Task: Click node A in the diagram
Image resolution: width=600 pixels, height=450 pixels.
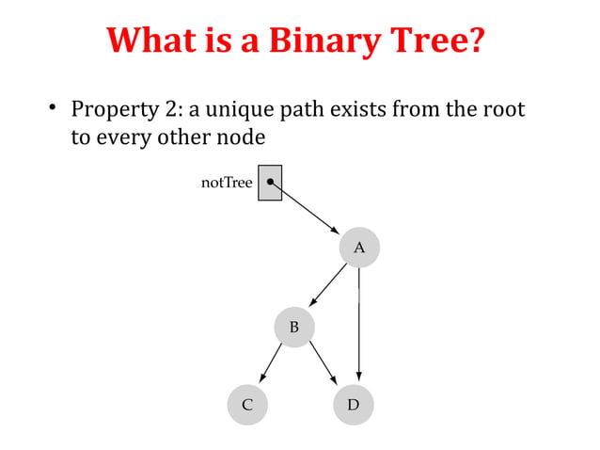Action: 359,247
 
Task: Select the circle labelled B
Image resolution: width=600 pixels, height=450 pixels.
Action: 293,327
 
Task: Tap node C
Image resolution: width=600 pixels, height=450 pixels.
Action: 247,405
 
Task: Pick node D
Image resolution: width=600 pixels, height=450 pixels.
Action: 354,405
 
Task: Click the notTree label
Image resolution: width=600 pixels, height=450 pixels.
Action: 227,183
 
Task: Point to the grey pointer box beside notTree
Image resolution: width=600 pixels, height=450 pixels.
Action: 270,183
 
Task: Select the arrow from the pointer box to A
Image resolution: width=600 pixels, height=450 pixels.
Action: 306,207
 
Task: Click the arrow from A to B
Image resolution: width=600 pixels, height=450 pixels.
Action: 329,284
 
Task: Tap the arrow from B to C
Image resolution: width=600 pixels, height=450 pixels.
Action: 271,364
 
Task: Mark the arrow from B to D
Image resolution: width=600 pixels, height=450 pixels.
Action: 324,364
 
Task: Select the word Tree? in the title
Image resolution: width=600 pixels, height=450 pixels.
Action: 438,42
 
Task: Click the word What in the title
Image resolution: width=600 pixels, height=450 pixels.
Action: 152,42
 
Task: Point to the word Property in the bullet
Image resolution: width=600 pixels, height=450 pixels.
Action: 114,111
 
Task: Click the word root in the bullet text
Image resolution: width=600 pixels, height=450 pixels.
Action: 504,110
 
